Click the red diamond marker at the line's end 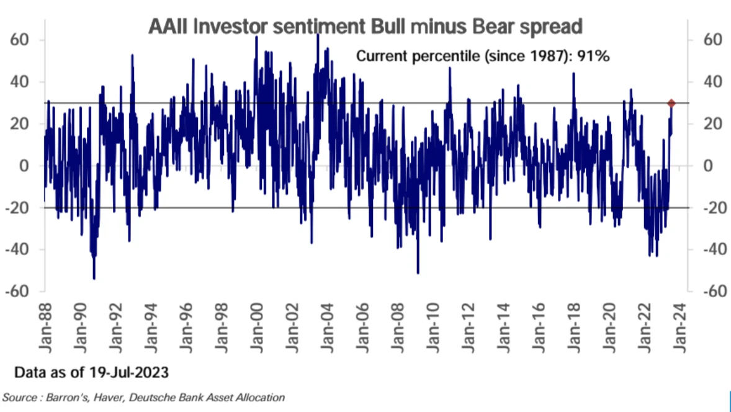[671, 103]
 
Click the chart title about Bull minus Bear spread [365, 27]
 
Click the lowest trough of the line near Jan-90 [94, 279]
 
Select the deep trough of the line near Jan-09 [418, 272]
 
